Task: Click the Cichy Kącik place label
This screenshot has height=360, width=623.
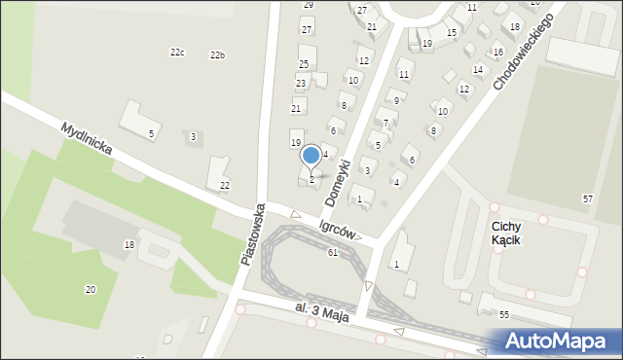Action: (x=505, y=232)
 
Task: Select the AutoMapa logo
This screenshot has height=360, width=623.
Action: (x=556, y=341)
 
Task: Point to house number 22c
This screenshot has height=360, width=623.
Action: (x=177, y=53)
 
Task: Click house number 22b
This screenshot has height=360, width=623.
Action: (x=217, y=55)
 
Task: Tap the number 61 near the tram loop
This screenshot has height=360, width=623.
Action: (x=333, y=253)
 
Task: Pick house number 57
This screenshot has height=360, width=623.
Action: (x=587, y=198)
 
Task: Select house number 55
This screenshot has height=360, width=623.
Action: (x=504, y=315)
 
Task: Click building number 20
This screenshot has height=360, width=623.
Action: (x=91, y=289)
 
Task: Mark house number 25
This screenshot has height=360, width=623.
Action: (x=304, y=64)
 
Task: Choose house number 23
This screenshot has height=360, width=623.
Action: (x=301, y=84)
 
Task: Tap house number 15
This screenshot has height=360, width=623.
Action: (x=451, y=33)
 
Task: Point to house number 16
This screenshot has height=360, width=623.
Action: (x=498, y=52)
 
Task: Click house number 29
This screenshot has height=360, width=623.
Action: (x=309, y=5)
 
